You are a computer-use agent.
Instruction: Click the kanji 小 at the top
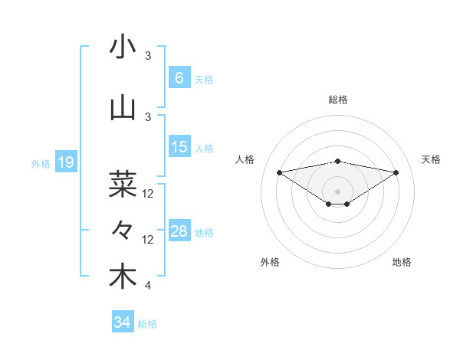point(123,47)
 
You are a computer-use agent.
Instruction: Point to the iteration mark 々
point(123,230)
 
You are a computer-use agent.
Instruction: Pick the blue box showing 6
point(179,77)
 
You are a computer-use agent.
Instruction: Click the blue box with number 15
point(179,146)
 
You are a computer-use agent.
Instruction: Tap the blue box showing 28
point(179,231)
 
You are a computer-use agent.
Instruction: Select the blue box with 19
point(65,162)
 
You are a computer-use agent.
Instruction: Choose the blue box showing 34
point(122,322)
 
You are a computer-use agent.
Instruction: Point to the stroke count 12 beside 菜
point(148,194)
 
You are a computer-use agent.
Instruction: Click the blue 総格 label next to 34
point(147,324)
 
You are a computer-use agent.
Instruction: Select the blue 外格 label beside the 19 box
point(40,163)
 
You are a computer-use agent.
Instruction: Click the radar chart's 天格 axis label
point(432,159)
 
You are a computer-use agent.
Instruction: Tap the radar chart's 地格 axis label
point(402,262)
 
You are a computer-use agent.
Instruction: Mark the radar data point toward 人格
point(279,172)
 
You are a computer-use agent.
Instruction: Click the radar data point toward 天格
point(396,172)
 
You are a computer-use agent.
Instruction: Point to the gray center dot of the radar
point(337,190)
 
